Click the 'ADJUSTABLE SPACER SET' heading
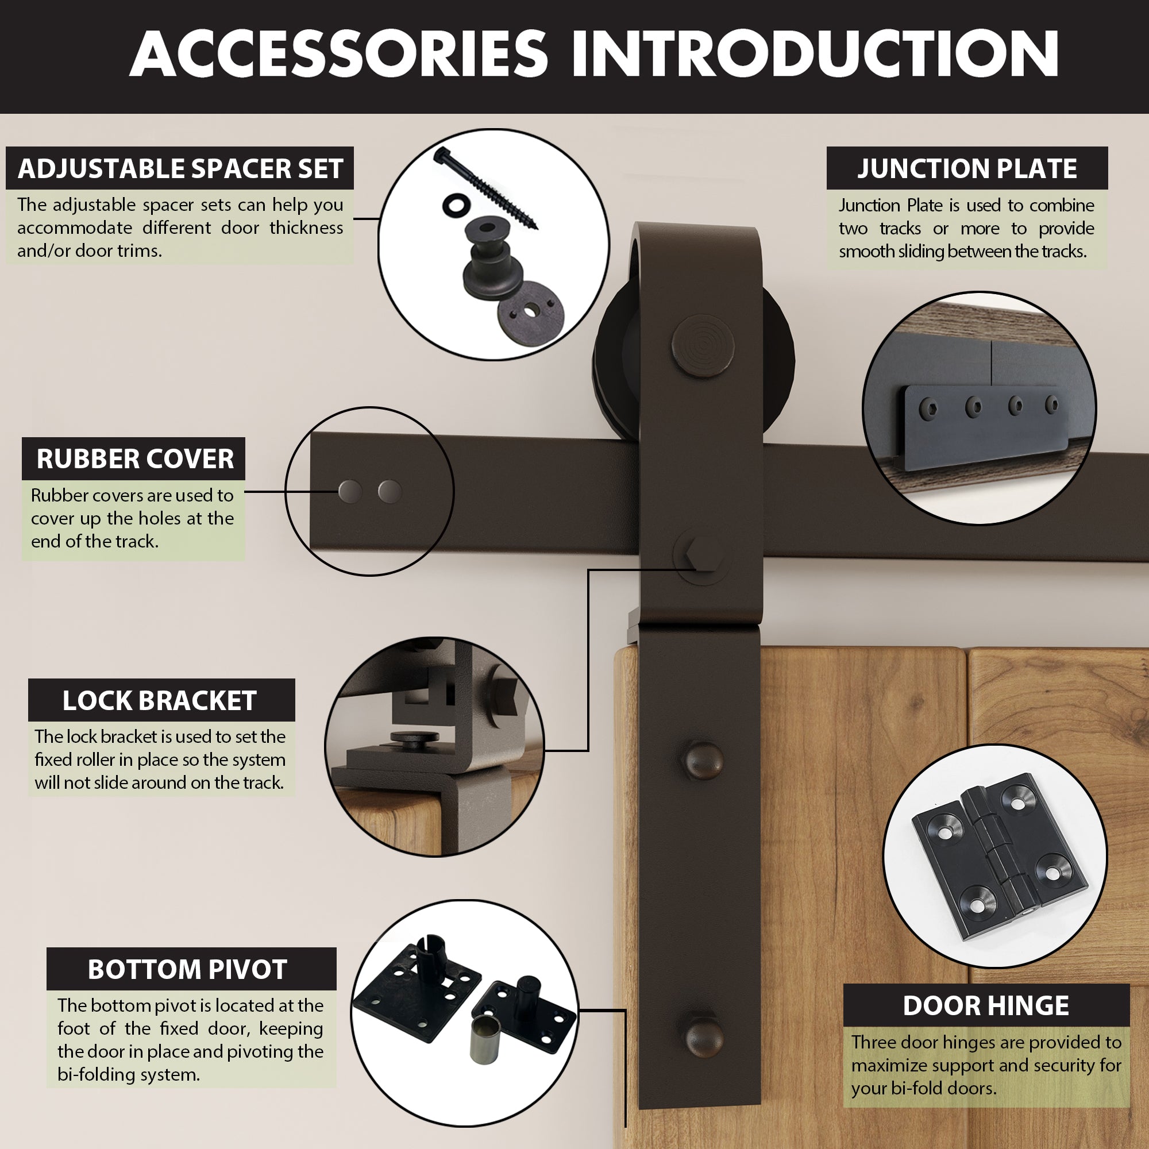click(180, 168)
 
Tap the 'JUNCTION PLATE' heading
click(966, 168)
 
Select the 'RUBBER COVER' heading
click(134, 458)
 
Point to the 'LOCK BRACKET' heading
click(159, 700)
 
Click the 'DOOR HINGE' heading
click(985, 1006)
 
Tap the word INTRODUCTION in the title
click(815, 55)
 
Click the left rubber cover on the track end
click(350, 491)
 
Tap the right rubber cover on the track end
click(390, 491)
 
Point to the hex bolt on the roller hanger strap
click(702, 556)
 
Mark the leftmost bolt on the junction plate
click(928, 408)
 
